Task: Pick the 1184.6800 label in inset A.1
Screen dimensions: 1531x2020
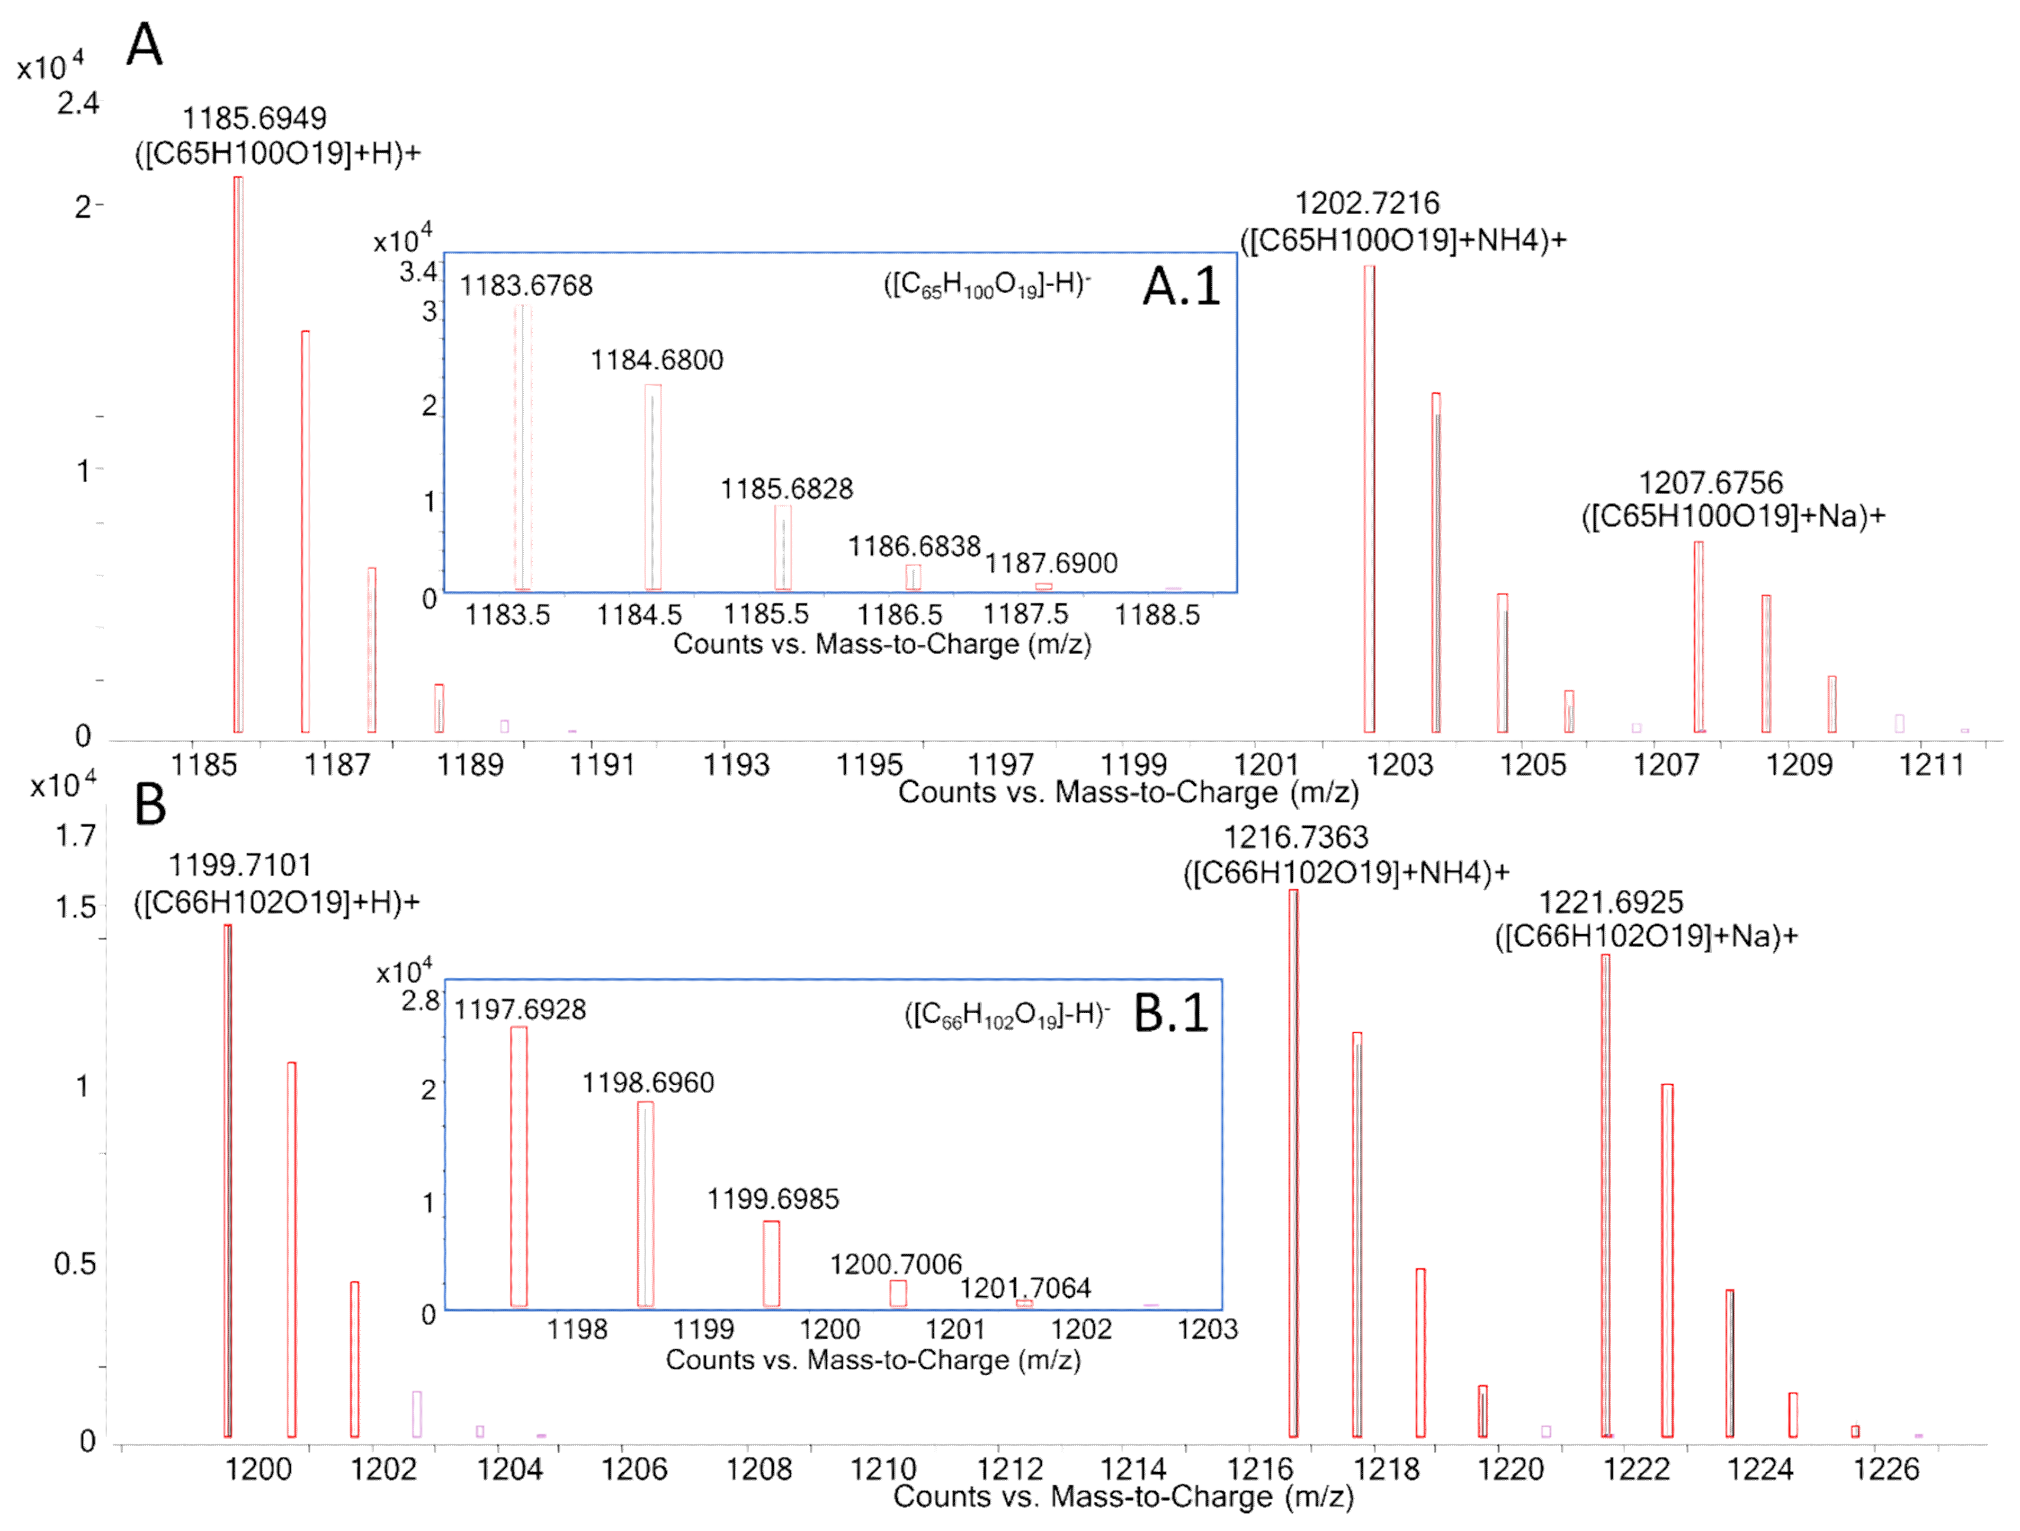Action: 657,360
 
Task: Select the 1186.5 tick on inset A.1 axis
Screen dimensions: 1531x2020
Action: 899,615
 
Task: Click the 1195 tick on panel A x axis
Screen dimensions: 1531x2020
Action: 869,765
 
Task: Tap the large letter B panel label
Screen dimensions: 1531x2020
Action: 150,806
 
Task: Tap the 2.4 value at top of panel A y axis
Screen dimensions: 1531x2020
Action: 78,103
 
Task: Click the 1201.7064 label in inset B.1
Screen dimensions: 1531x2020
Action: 1025,1288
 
